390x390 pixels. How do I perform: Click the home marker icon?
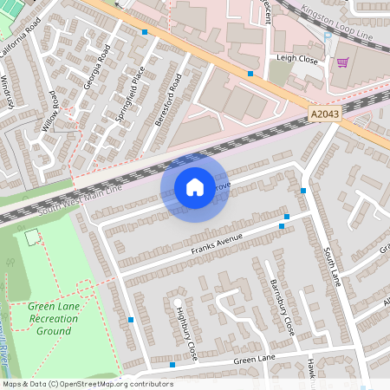click(x=194, y=186)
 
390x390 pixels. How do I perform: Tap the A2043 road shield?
click(x=321, y=113)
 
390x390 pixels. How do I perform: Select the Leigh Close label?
click(x=296, y=59)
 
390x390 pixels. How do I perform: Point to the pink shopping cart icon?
click(x=343, y=62)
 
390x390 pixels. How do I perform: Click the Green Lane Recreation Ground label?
click(x=52, y=319)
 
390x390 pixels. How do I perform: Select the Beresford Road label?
click(x=168, y=101)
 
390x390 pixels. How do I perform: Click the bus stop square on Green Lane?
click(x=172, y=365)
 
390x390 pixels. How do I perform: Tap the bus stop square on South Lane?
click(x=303, y=191)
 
